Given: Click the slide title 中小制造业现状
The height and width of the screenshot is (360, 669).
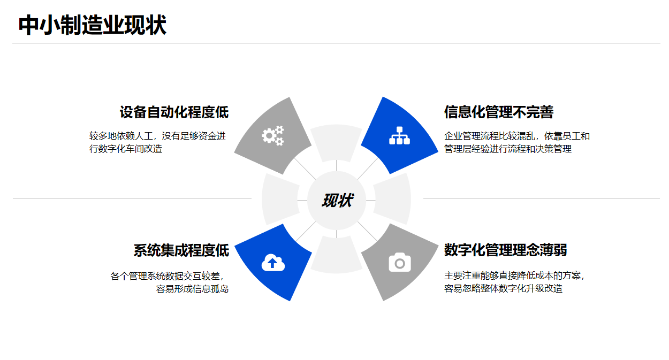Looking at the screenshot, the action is [x=92, y=25].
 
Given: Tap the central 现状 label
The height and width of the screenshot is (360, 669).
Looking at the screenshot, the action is [x=337, y=200].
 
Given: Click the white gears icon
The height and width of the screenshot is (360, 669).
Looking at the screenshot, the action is [x=273, y=136].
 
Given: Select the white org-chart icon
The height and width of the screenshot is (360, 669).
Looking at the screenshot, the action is [x=400, y=135].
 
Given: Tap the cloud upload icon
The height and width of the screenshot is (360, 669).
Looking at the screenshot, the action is [x=273, y=263].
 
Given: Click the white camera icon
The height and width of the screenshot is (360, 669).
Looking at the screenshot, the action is [x=400, y=263].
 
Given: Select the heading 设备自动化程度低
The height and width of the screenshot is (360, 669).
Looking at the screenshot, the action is [x=174, y=112].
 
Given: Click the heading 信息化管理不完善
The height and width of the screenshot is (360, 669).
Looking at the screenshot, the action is [x=499, y=112].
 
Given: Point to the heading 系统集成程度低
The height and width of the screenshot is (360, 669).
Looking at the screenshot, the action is [x=181, y=250].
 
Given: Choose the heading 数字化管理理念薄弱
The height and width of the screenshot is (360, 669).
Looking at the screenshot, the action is [x=505, y=250].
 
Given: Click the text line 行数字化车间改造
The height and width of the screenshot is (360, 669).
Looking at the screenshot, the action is [x=126, y=149].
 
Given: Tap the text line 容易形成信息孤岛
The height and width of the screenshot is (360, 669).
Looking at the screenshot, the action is [x=192, y=289].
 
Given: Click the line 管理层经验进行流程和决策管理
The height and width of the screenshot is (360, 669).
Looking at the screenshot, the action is [x=508, y=149].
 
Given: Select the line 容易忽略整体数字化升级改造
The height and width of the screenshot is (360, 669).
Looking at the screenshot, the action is [x=503, y=288].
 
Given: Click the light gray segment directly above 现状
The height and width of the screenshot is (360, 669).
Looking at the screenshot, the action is [x=336, y=143].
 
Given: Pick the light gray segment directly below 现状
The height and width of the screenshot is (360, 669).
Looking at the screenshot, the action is [x=336, y=255].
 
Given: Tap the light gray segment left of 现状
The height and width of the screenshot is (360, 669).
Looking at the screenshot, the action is [x=280, y=199].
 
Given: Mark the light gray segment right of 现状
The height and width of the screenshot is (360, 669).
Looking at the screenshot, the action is [x=392, y=199].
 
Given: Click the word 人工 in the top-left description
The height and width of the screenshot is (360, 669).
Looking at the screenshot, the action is [x=144, y=136].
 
